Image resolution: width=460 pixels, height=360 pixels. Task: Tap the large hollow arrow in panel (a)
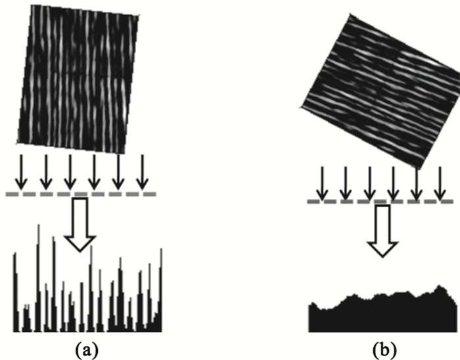click(81, 223)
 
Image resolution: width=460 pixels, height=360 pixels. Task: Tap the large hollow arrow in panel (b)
click(382, 230)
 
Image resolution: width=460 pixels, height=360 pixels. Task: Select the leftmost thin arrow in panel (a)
click(22, 172)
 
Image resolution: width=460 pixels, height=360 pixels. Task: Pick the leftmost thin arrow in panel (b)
click(321, 181)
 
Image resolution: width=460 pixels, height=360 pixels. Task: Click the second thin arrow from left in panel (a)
click(46, 172)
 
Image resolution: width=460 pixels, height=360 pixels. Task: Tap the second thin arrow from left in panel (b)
click(344, 181)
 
